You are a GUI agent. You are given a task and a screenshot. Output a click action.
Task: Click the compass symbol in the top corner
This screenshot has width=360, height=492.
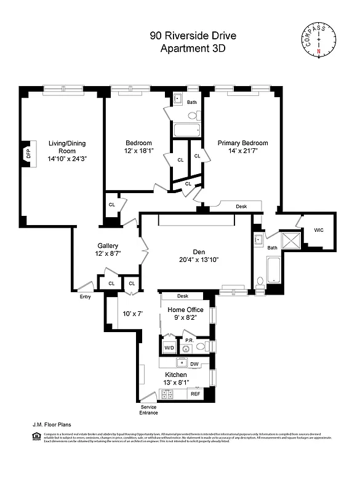pyautogui.click(x=318, y=39)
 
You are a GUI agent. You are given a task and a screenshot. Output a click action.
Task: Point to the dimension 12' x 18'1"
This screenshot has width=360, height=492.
pyautogui.click(x=139, y=149)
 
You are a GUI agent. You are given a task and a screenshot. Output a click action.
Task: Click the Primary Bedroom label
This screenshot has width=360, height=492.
pyautogui.click(x=242, y=143)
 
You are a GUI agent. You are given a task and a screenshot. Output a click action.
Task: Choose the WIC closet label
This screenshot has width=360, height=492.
pyautogui.click(x=318, y=230)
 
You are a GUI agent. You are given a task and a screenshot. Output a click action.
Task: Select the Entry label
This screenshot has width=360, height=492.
pyautogui.click(x=85, y=297)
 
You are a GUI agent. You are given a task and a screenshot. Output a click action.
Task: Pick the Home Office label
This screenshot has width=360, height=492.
pyautogui.click(x=185, y=310)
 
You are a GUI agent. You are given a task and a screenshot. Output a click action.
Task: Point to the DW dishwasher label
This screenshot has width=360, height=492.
pyautogui.click(x=194, y=364)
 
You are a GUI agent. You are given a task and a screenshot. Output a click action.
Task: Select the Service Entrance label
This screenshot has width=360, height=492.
pyautogui.click(x=148, y=410)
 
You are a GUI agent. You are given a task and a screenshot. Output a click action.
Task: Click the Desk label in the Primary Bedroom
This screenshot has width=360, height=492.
pyautogui.click(x=241, y=207)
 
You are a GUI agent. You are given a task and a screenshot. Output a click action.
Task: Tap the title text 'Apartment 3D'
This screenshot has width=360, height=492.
pyautogui.click(x=193, y=49)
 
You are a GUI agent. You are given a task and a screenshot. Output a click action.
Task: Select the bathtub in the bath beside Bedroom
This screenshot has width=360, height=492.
pyautogui.click(x=186, y=130)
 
